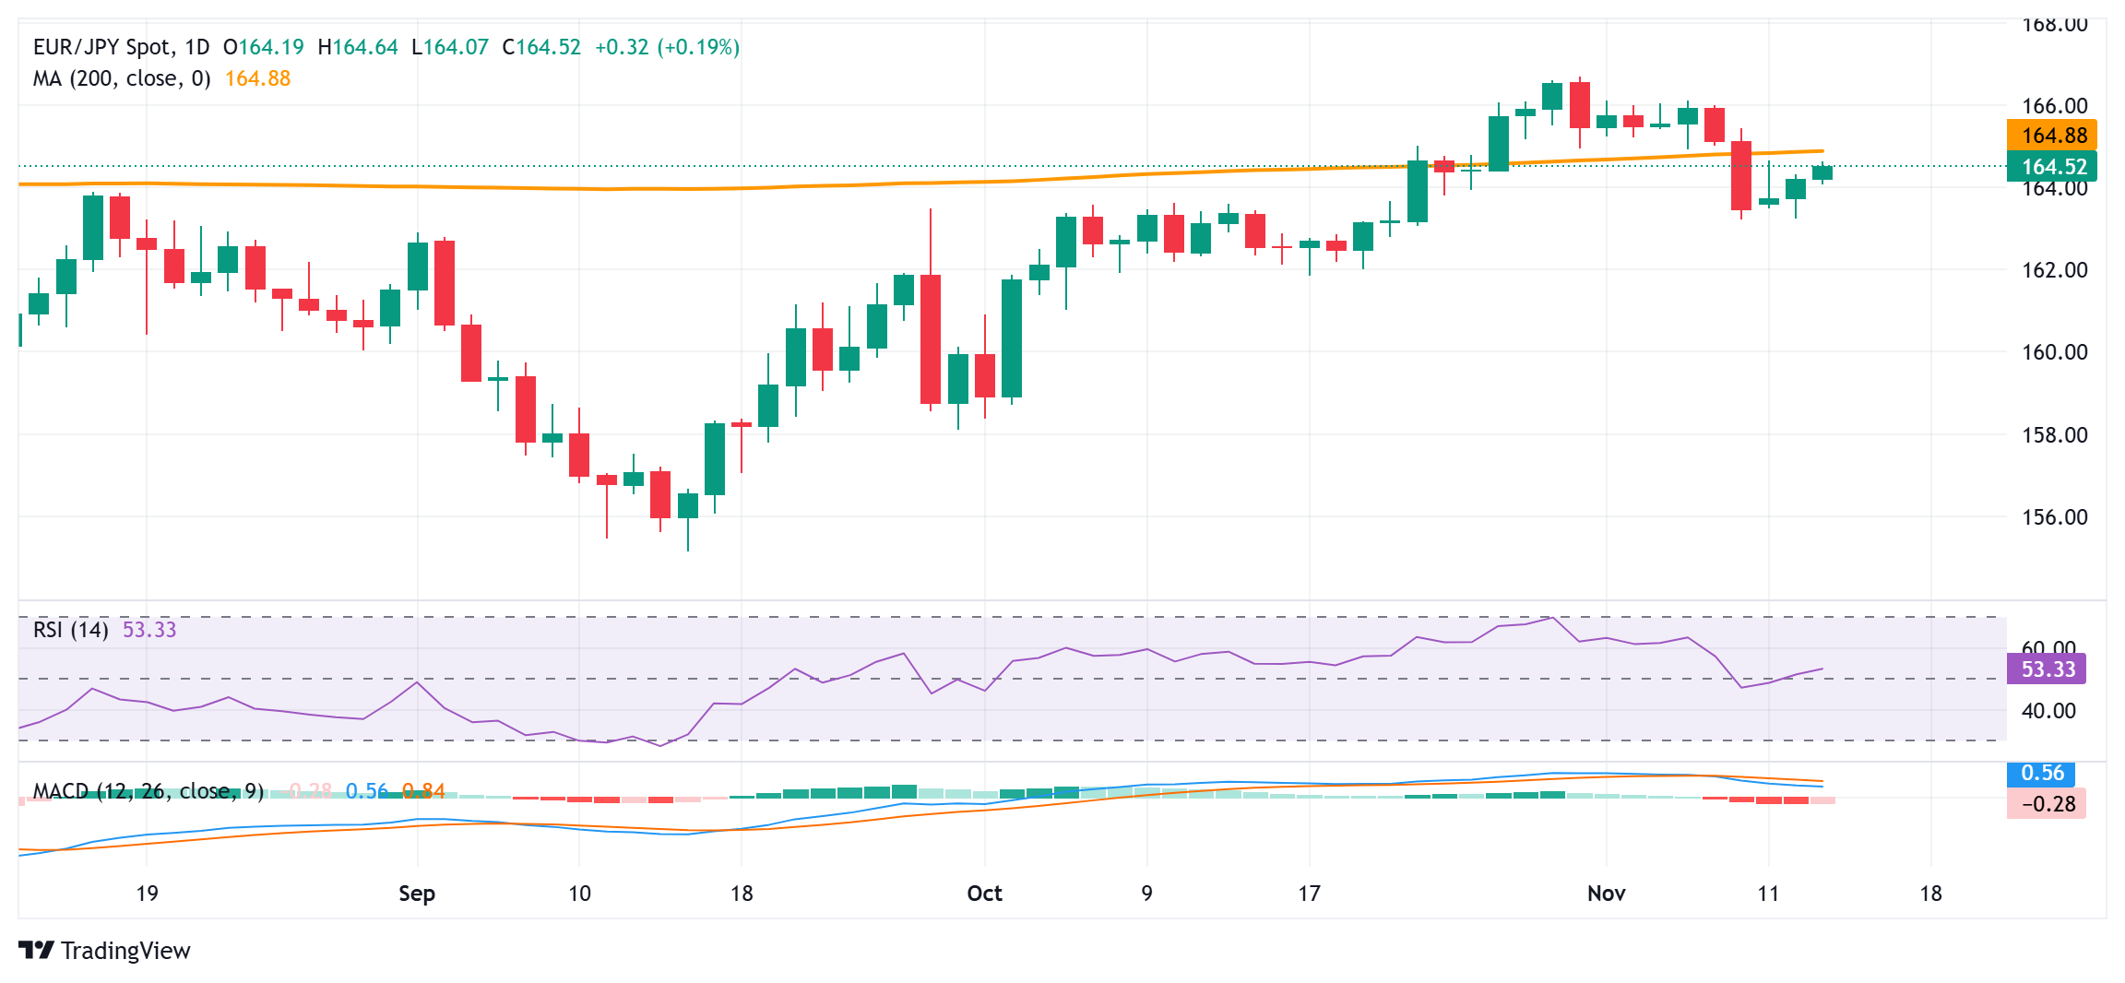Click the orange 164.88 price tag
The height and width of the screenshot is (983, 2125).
(2052, 136)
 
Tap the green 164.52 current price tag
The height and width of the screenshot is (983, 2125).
(2052, 167)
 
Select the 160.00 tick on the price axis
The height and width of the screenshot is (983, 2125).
(2054, 352)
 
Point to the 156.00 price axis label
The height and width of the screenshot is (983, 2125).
(2054, 517)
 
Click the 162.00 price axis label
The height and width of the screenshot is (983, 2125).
(2054, 270)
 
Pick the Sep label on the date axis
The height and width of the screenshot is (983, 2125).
(417, 894)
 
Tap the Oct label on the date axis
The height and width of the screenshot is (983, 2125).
(984, 894)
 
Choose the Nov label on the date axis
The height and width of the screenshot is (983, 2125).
(1606, 894)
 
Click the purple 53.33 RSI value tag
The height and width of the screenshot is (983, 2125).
(2047, 669)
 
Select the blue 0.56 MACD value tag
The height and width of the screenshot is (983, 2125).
(2042, 774)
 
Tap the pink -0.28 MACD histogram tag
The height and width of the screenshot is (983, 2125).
(2047, 804)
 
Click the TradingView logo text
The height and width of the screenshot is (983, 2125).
(125, 951)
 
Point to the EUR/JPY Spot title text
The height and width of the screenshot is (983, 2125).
(102, 47)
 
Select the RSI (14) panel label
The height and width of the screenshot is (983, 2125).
(71, 630)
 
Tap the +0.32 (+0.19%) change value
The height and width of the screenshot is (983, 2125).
(667, 47)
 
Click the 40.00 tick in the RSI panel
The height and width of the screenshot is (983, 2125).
(2048, 711)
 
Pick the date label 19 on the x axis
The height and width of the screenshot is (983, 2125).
(147, 894)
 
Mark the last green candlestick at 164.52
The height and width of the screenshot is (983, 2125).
(1822, 172)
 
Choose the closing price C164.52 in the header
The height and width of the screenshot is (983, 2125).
(541, 47)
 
